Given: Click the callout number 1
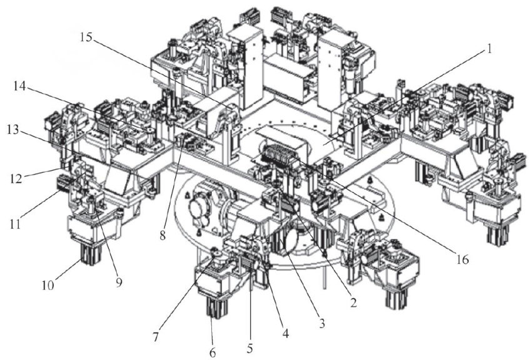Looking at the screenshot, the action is [x=489, y=49].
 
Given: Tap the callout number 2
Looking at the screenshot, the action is [x=353, y=303].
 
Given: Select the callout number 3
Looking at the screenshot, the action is [x=322, y=324].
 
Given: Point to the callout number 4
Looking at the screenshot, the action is [x=285, y=334].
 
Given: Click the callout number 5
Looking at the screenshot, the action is [x=249, y=348].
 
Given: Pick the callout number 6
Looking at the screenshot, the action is [x=213, y=353].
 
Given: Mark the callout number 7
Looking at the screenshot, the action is [x=156, y=337].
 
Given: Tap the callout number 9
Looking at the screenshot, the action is [x=119, y=282].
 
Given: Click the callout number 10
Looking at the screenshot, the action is [x=48, y=286].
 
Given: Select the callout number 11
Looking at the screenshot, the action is [x=15, y=224].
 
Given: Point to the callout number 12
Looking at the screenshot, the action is [x=16, y=178].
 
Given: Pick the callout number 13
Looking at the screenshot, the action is [x=14, y=131].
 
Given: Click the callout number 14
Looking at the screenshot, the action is [x=20, y=87].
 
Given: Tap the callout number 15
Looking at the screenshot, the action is [x=86, y=37].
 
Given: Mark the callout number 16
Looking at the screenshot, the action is [x=462, y=259].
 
